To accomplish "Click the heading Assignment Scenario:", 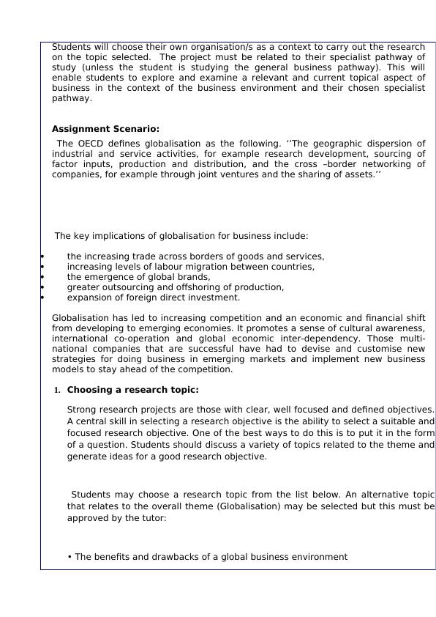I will point(105,129).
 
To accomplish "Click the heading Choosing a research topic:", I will point(132,390).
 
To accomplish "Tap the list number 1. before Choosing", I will point(56,391).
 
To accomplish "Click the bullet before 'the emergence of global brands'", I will point(42,277).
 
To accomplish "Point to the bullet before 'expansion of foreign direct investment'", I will point(42,298).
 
